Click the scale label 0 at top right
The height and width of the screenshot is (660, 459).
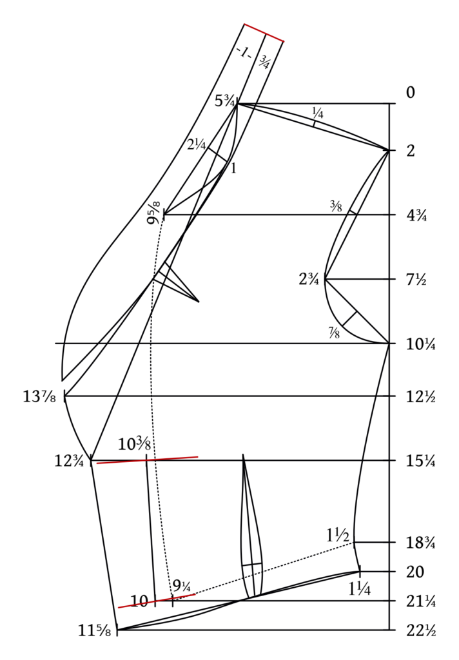pos(411,92)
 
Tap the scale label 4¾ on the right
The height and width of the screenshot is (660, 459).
pos(416,215)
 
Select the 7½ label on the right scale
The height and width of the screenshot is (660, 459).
pos(416,280)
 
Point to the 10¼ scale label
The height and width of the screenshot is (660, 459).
pos(421,344)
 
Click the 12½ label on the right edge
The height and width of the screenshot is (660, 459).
pos(421,397)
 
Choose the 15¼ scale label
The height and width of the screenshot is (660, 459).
pos(421,461)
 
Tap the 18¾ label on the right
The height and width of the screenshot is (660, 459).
pos(421,543)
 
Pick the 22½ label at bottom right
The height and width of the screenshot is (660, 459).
pos(421,630)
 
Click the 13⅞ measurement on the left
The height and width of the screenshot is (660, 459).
pos(39,396)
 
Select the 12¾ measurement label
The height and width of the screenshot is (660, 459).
pos(68,461)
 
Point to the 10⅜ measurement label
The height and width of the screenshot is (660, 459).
pos(134,444)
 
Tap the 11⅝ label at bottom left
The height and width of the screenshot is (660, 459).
pos(95,630)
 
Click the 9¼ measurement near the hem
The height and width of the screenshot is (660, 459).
pos(182,585)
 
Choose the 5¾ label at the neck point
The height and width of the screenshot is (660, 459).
pos(224,101)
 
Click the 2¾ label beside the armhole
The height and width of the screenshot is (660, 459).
pos(309,279)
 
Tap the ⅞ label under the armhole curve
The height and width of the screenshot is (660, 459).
pos(335,333)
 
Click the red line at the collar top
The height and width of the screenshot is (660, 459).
pos(264,33)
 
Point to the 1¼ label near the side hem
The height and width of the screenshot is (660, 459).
pos(360,588)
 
